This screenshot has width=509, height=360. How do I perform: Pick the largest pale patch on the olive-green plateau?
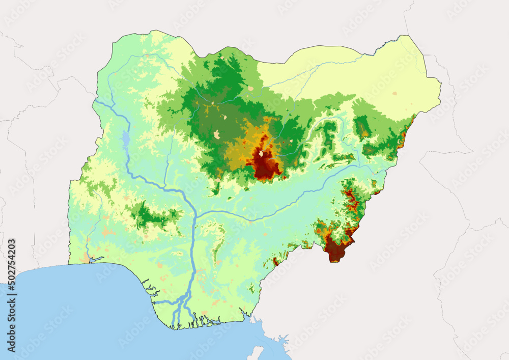click(217, 134)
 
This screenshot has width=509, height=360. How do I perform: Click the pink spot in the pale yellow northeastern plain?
click(394, 94)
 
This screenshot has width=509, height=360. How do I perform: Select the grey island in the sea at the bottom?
click(258, 352)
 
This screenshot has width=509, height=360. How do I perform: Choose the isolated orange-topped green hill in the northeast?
click(362, 127)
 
